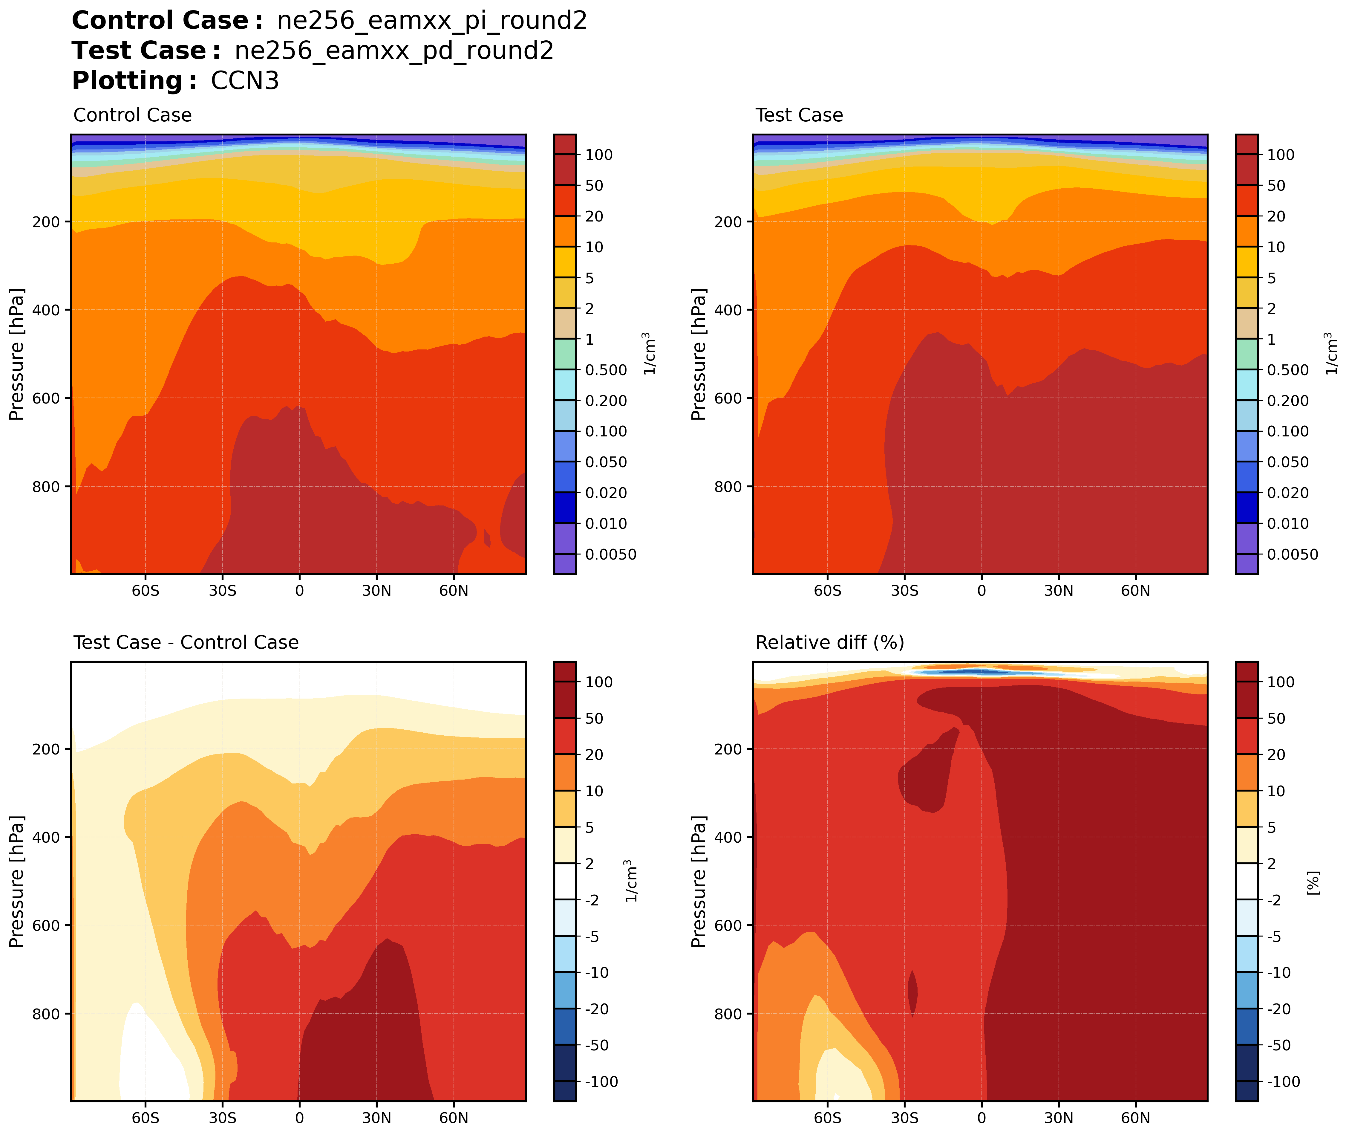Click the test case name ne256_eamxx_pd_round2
point(393,51)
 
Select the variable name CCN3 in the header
point(245,81)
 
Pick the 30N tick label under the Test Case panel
point(1058,591)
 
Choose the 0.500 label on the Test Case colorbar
point(1287,370)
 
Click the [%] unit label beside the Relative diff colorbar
point(1314,883)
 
